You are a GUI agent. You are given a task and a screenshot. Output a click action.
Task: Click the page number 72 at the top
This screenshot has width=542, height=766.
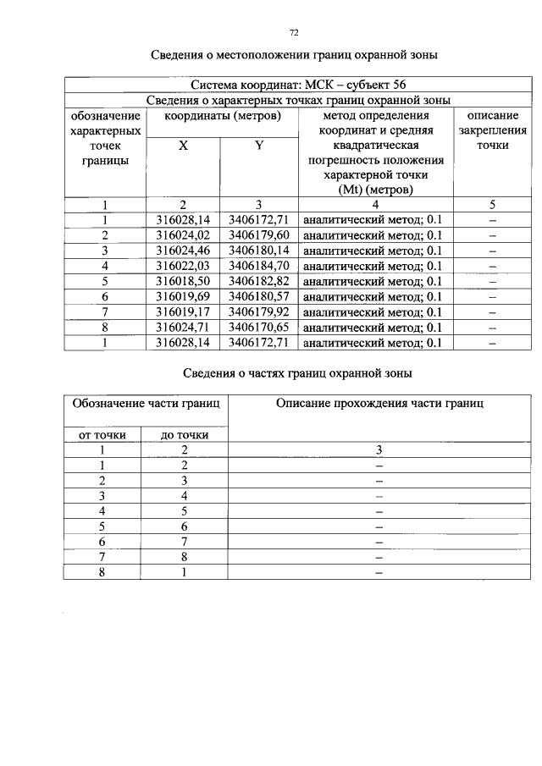coord(295,33)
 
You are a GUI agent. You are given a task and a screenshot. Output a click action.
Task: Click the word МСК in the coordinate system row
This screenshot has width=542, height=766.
coord(318,86)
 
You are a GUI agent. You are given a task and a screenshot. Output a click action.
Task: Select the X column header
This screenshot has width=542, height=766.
coord(183,146)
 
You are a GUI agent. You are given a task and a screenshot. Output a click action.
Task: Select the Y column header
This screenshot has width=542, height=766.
coord(259,146)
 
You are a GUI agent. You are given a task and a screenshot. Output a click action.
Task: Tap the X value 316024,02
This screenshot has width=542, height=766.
coord(183,235)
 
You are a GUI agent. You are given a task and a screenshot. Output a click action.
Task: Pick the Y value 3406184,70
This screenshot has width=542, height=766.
coord(259,266)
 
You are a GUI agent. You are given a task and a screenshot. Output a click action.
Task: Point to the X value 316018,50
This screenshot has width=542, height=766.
coord(183,281)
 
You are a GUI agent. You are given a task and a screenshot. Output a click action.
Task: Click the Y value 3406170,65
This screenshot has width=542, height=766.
coord(259,328)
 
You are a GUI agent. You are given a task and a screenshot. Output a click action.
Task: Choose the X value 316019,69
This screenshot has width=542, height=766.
coord(183,296)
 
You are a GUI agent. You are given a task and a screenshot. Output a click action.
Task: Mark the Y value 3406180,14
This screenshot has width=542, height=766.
coord(259,251)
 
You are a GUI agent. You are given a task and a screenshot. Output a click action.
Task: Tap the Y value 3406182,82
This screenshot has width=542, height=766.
coord(259,281)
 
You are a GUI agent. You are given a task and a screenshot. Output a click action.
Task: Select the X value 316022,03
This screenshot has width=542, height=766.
coord(183,266)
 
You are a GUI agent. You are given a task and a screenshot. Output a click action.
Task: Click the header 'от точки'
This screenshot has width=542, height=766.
coord(102,435)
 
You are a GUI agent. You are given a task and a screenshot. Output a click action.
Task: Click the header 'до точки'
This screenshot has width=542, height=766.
coord(184,435)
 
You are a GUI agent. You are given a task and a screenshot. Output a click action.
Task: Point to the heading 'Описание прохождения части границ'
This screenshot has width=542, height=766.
coord(379,405)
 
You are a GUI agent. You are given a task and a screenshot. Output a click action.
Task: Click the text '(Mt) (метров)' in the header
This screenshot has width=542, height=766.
coord(375,190)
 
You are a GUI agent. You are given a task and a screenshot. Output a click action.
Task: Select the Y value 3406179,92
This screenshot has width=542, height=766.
coord(259,312)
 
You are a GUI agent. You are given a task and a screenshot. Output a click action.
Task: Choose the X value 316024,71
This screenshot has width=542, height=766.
coord(183,328)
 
